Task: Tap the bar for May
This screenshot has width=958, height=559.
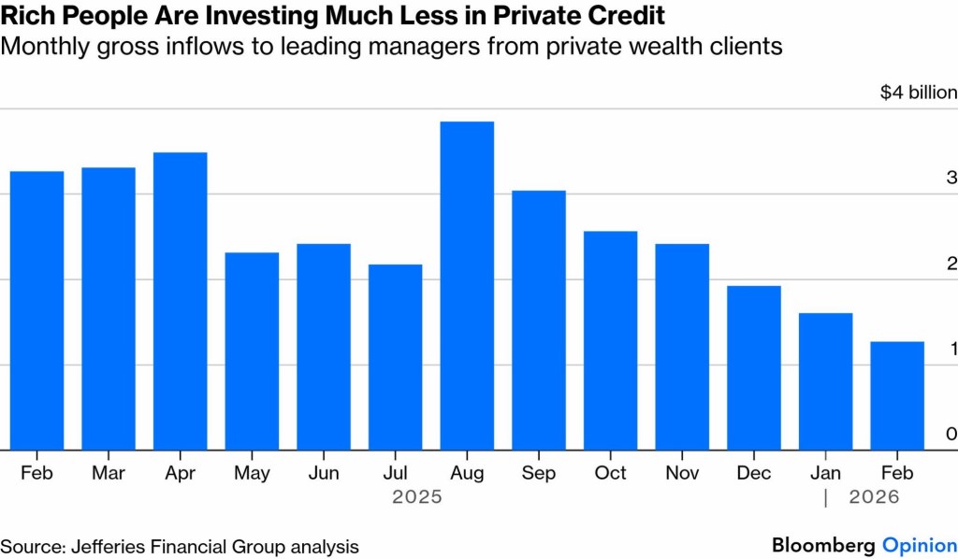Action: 252,351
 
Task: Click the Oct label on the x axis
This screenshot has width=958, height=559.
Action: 611,473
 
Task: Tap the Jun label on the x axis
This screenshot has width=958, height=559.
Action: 324,473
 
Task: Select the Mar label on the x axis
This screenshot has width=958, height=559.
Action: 109,473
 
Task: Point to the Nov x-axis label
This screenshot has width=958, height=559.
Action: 682,473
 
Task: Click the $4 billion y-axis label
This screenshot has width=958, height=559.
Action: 919,93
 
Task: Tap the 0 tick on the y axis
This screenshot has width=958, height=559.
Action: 951,434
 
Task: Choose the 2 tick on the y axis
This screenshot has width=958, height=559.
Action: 951,263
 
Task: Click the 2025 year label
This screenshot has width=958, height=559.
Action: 417,497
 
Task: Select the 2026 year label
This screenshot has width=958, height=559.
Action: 874,497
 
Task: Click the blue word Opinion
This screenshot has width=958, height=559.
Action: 920,545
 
